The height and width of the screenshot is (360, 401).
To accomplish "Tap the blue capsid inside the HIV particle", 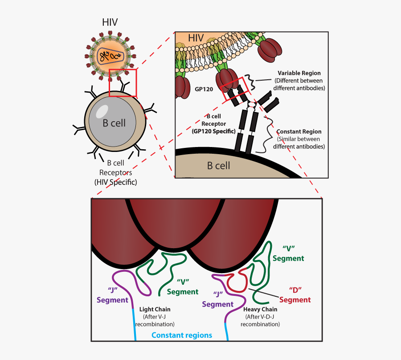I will [110, 56].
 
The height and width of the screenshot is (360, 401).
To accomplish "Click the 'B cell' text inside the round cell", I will [114, 123].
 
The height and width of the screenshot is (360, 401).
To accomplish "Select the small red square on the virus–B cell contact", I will [123, 82].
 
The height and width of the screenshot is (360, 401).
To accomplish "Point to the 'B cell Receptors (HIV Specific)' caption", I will [115, 172].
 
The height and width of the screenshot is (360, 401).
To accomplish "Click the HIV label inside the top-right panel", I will [195, 38].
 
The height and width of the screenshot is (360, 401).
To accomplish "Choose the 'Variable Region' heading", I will [299, 73].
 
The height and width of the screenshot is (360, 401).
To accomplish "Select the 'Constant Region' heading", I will [299, 132].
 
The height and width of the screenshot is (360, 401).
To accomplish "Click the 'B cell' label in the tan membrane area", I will [218, 166].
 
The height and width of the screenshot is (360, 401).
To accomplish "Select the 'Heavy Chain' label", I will [260, 309].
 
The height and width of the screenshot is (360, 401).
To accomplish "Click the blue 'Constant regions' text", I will [182, 335].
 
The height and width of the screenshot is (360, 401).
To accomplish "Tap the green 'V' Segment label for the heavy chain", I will [288, 253].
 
